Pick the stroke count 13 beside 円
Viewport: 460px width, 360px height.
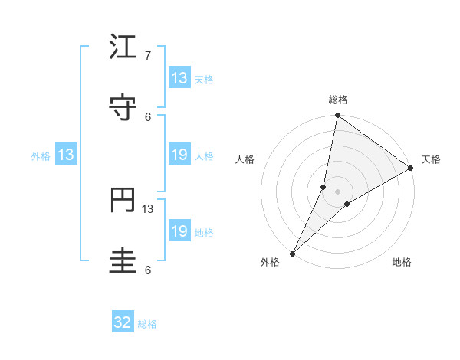click(x=148, y=209)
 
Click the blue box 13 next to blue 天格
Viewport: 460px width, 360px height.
click(x=179, y=78)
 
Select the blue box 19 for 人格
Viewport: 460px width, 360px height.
click(x=179, y=155)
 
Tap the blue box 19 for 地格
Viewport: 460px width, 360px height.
click(x=179, y=231)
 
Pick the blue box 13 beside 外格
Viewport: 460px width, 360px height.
click(x=66, y=155)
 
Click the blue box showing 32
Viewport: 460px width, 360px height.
click(x=123, y=323)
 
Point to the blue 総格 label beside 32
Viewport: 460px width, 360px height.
click(x=147, y=324)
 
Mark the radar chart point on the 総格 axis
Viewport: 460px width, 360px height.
click(x=337, y=116)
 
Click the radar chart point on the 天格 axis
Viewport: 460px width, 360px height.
click(x=411, y=169)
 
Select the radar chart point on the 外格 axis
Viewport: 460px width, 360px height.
click(x=292, y=253)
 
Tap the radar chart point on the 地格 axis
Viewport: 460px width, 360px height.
click(x=347, y=204)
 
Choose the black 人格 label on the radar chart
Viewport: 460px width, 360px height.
click(x=245, y=159)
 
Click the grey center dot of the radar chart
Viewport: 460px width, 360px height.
click(x=337, y=191)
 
